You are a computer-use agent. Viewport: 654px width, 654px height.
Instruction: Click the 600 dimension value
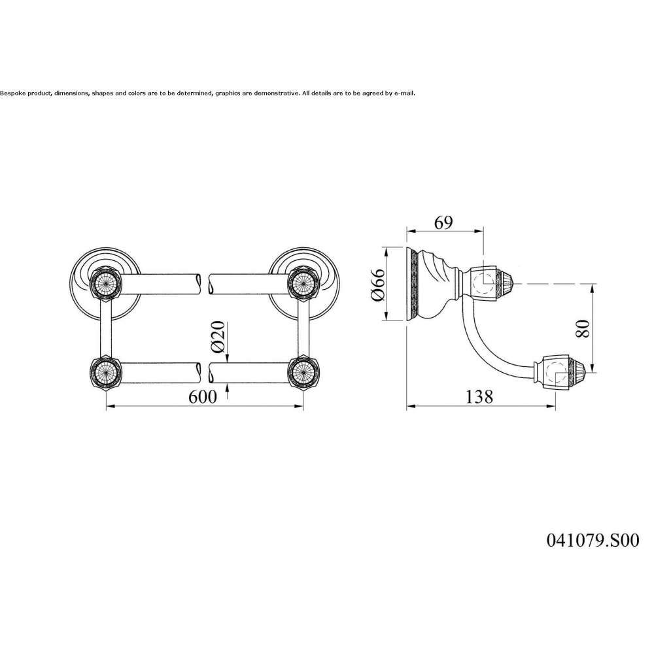pyautogui.click(x=203, y=397)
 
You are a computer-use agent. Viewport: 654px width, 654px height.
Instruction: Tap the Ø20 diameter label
pyautogui.click(x=218, y=337)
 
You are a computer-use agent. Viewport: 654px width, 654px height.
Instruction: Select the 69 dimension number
pyautogui.click(x=443, y=223)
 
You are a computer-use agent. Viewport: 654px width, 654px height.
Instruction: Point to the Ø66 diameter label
pyautogui.click(x=378, y=284)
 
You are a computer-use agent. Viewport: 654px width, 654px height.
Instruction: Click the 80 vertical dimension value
pyautogui.click(x=583, y=328)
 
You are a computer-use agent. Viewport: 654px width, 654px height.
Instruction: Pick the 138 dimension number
pyautogui.click(x=479, y=397)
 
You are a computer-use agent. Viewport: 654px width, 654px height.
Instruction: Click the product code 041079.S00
pyautogui.click(x=593, y=541)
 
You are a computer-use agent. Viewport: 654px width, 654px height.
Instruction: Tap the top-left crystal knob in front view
pyautogui.click(x=107, y=285)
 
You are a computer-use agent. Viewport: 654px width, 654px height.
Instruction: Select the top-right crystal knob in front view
pyautogui.click(x=303, y=285)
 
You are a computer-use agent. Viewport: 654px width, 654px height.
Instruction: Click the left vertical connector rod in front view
pyautogui.click(x=107, y=328)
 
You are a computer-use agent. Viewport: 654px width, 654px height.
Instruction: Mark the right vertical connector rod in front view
pyautogui.click(x=303, y=328)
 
